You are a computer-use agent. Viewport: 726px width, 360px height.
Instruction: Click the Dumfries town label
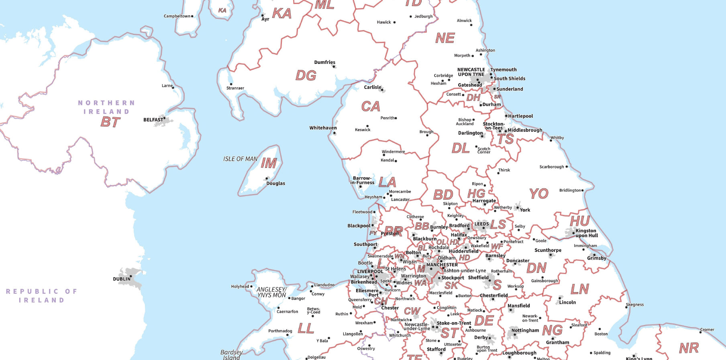tap(324, 62)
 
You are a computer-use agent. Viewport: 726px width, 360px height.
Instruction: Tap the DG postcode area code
tap(306, 76)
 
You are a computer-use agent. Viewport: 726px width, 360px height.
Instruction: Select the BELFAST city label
tap(153, 120)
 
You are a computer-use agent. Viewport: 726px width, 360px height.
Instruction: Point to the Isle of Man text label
tap(240, 159)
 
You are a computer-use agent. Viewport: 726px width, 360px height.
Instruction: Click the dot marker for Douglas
tap(267, 178)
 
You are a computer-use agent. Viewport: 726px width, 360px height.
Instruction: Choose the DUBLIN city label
tap(121, 279)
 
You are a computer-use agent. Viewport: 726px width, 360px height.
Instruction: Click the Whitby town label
tap(557, 138)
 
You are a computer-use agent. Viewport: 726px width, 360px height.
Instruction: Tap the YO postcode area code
tap(538, 194)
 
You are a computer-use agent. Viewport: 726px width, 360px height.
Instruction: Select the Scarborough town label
tap(551, 167)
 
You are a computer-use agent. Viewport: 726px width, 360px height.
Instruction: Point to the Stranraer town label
tap(235, 88)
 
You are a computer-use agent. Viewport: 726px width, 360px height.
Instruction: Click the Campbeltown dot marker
tap(192, 16)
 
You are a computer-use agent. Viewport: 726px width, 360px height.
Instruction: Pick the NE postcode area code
tap(445, 39)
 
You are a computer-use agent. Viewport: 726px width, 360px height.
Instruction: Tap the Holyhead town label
tap(240, 286)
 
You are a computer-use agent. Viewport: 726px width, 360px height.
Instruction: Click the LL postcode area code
tap(306, 329)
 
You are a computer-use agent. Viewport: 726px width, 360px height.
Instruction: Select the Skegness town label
tap(634, 305)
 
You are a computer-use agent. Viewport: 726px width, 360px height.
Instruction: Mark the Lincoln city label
tap(567, 302)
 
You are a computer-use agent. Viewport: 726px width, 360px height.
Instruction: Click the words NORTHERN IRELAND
tap(106, 107)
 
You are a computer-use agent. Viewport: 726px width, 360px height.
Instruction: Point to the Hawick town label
tap(383, 22)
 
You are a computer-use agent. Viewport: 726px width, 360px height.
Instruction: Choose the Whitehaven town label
tap(323, 128)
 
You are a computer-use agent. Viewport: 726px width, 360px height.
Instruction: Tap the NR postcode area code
tap(689, 348)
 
